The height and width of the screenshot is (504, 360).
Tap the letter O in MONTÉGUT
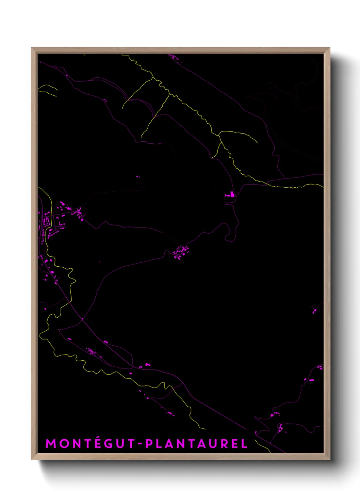(63, 444)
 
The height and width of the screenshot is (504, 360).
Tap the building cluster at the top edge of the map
(175, 58)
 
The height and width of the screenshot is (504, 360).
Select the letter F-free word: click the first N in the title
(76, 444)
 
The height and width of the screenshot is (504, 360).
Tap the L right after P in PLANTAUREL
(159, 444)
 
